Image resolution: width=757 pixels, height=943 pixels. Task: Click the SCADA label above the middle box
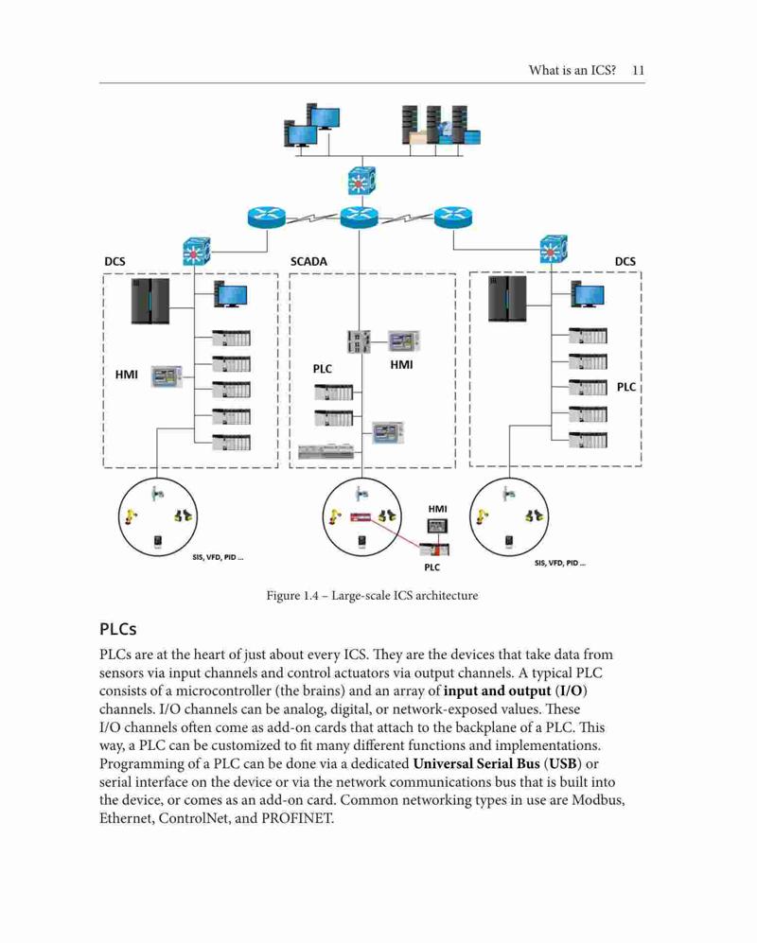(308, 262)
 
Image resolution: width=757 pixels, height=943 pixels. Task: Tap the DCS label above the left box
(114, 262)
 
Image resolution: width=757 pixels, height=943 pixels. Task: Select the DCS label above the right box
(625, 262)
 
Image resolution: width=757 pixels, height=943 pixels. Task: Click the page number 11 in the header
(638, 70)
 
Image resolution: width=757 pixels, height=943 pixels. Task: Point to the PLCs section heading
(118, 629)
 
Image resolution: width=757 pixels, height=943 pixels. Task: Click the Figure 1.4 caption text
(372, 595)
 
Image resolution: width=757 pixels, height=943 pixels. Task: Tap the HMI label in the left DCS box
(127, 375)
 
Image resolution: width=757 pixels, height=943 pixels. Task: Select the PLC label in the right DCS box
(626, 387)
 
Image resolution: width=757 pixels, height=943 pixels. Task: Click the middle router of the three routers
(360, 218)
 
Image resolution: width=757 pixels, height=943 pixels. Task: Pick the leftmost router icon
(267, 218)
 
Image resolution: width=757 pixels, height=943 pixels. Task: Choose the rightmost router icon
(453, 218)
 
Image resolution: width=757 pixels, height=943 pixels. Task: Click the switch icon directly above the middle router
(361, 181)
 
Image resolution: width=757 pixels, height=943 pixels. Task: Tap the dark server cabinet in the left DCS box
(150, 301)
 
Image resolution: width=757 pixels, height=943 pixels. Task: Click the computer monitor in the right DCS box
(588, 295)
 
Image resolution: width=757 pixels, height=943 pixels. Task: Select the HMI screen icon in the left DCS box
(167, 376)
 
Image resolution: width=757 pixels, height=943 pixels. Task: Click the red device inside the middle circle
(362, 516)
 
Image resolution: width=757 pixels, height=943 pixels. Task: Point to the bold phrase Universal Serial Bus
(476, 764)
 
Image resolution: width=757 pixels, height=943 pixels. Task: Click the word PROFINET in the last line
(297, 818)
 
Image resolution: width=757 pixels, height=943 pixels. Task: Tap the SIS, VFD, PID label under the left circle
(218, 557)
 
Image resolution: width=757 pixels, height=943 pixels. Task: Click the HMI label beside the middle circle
(437, 509)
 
